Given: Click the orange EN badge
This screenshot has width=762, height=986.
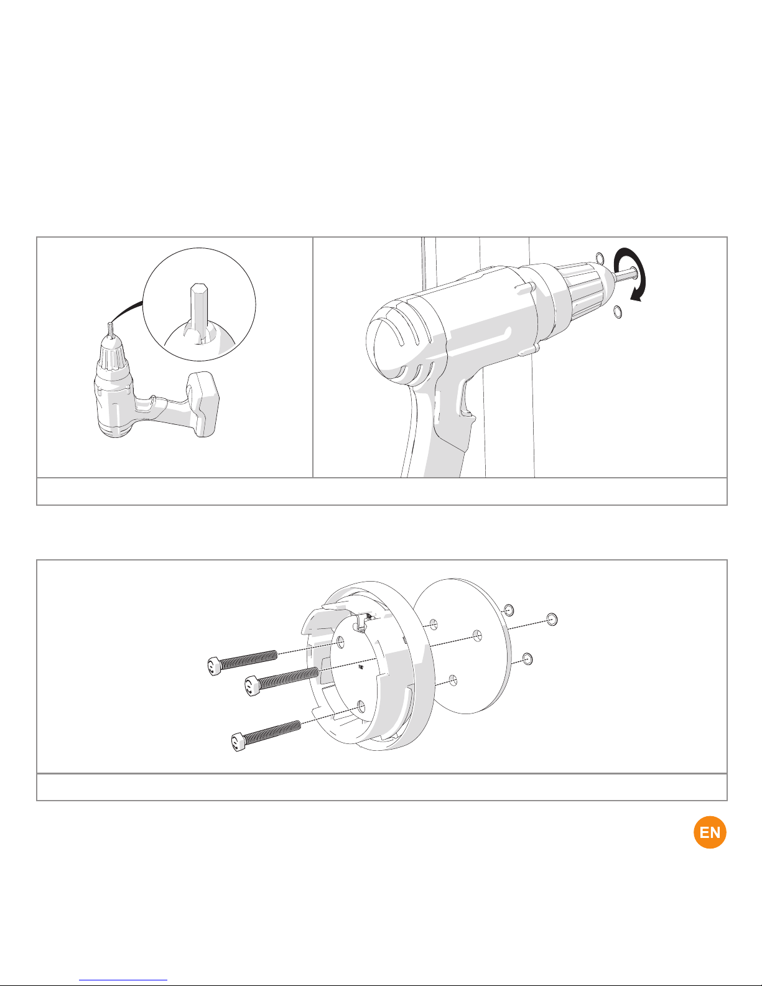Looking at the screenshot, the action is (710, 832).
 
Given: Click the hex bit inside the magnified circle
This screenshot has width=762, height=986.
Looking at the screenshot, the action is (199, 312).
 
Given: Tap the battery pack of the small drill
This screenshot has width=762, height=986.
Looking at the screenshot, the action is (202, 403).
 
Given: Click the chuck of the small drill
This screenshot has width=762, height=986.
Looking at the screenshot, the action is (111, 351).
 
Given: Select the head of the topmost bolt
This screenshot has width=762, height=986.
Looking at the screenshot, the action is (215, 666).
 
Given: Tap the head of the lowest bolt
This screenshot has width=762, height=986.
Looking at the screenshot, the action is (239, 742).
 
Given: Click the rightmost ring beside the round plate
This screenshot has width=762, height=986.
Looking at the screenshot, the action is (552, 619).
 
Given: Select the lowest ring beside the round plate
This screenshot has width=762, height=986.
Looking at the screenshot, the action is (527, 659).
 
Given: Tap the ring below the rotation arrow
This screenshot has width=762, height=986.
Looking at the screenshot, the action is (617, 311).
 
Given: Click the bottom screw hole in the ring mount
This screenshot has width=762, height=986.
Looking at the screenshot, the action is (361, 706).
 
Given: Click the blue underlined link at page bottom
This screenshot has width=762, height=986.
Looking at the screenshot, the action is (123, 979).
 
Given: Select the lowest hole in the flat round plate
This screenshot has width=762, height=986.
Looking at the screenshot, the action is (453, 680).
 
